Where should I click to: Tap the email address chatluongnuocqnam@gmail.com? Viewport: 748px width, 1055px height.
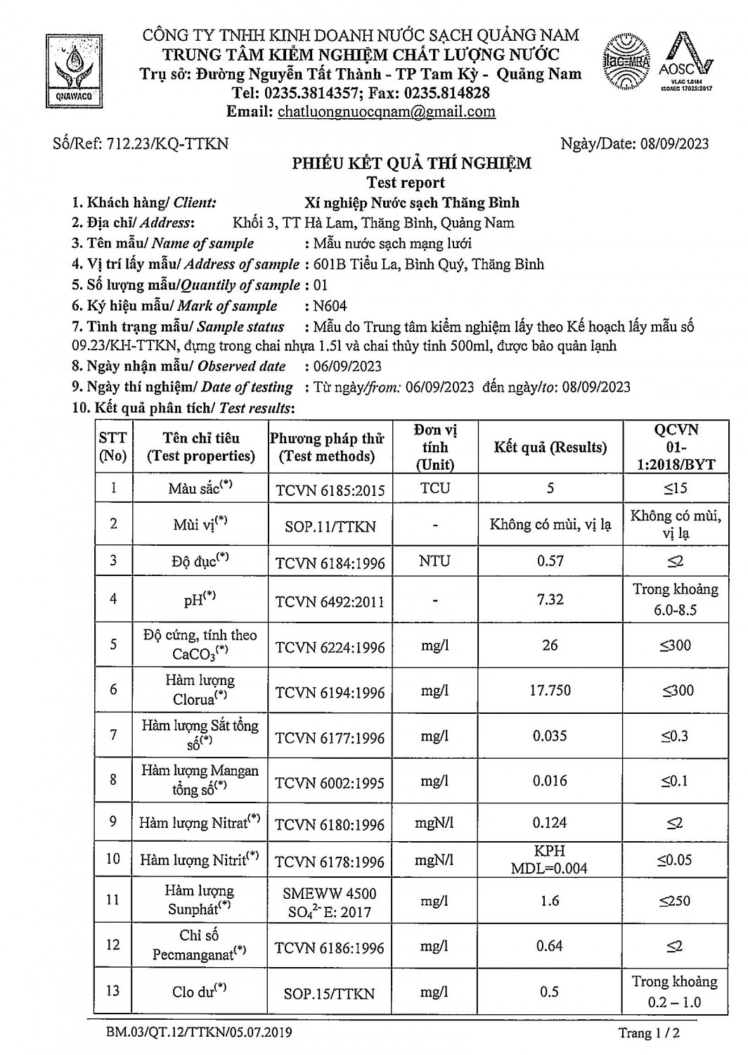pyautogui.click(x=386, y=111)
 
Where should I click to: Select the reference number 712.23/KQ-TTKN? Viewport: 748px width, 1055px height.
pyautogui.click(x=168, y=143)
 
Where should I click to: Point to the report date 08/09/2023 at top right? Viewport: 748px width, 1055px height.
pyautogui.click(x=674, y=143)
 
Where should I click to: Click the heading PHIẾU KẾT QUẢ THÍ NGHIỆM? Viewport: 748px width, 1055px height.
pyautogui.click(x=411, y=163)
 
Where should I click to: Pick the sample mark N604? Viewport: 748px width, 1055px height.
pyautogui.click(x=330, y=306)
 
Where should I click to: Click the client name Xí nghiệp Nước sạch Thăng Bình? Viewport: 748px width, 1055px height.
pyautogui.click(x=412, y=203)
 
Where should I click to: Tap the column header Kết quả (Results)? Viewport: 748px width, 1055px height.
pyautogui.click(x=550, y=447)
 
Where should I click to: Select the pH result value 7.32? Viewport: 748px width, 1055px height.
pyautogui.click(x=550, y=599)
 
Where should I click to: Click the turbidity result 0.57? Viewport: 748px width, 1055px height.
pyautogui.click(x=550, y=561)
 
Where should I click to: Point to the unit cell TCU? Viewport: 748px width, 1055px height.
pyautogui.click(x=435, y=488)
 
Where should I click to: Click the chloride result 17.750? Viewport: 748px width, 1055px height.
pyautogui.click(x=550, y=691)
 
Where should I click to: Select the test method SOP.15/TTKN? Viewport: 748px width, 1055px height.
pyautogui.click(x=329, y=994)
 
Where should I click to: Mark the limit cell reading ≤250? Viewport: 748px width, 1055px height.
pyautogui.click(x=675, y=901)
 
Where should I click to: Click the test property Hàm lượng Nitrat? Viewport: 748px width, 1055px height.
pyautogui.click(x=200, y=822)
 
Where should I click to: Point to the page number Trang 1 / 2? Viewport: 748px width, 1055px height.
pyautogui.click(x=649, y=1033)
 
